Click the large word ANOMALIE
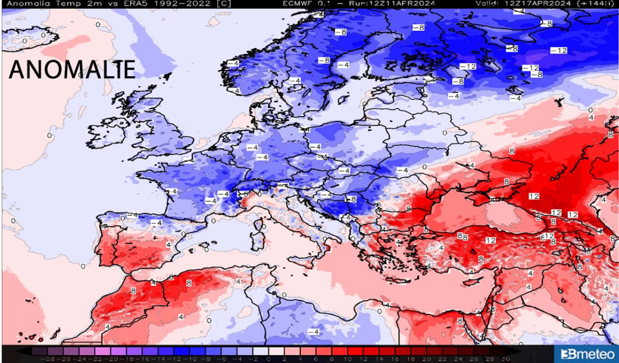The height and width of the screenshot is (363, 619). (72, 70)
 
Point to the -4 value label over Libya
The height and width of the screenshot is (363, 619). (313, 332)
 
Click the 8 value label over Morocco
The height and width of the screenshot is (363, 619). (133, 291)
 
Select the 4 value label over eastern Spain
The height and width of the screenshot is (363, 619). (168, 245)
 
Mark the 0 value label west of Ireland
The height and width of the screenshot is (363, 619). (49, 136)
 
